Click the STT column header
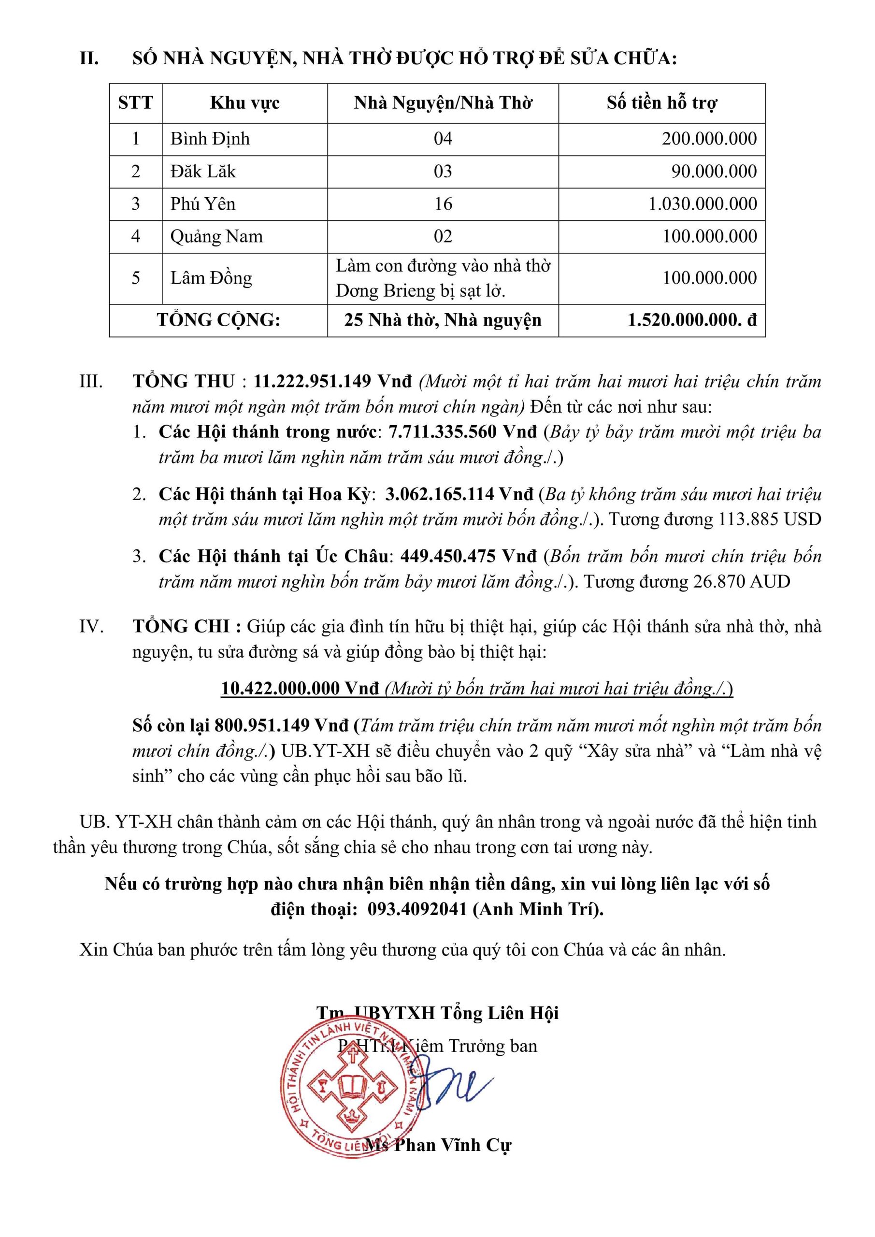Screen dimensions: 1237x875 (135, 103)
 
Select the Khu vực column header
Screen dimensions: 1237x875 (244, 103)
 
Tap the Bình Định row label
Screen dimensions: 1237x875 (210, 139)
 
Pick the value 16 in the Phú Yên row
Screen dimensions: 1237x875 (443, 203)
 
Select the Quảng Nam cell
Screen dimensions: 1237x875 (216, 236)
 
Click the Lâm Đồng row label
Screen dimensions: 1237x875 (211, 278)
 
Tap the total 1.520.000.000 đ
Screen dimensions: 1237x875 (692, 320)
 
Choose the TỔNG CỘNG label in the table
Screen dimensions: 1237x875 (218, 320)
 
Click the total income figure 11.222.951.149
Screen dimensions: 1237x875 (313, 381)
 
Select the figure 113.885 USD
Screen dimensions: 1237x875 (770, 519)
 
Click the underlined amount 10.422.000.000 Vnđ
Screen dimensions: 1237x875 (301, 689)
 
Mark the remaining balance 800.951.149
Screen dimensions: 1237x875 (262, 726)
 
